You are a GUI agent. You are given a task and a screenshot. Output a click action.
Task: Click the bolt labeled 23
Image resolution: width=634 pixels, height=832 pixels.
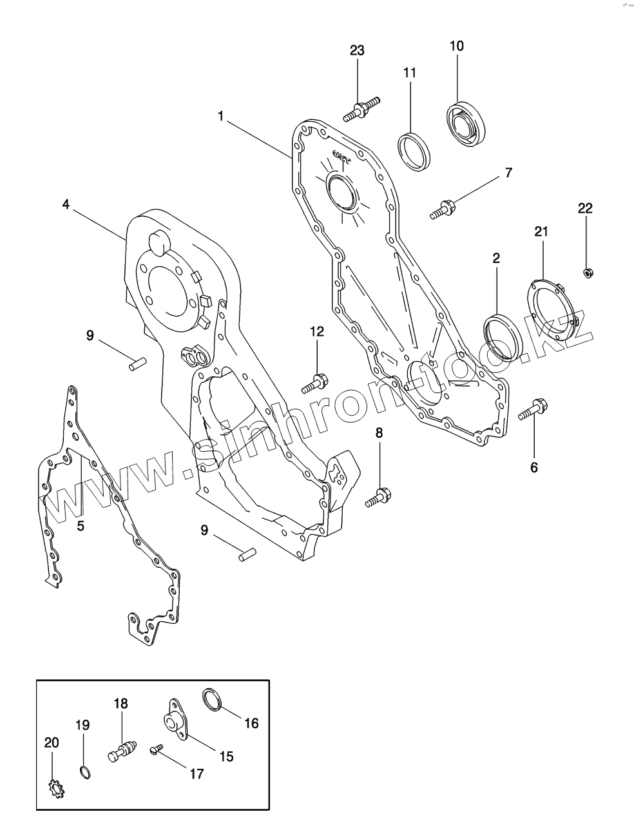point(361,109)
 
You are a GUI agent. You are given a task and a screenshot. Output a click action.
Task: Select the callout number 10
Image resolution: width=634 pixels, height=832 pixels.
point(456,46)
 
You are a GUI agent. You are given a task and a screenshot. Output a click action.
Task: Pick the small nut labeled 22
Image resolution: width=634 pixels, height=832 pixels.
point(588,273)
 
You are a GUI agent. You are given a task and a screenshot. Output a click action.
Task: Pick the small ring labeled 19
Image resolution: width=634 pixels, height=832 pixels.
point(84,771)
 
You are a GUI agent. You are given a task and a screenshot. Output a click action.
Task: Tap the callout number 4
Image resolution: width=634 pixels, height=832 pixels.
point(66,204)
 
